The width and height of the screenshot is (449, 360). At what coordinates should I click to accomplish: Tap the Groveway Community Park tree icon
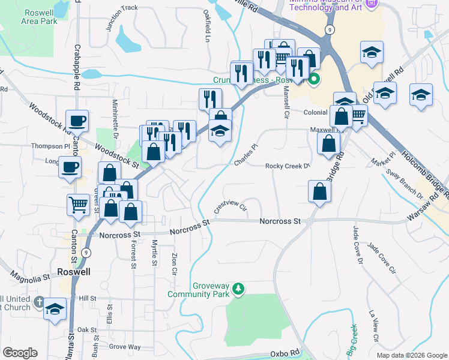point(239,290)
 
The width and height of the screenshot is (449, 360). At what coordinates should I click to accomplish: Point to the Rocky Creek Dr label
point(288,166)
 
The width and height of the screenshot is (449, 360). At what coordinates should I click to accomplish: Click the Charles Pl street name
point(246,155)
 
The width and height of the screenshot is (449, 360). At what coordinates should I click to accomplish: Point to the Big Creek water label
point(352,337)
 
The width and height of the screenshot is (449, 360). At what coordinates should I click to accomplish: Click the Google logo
point(20,352)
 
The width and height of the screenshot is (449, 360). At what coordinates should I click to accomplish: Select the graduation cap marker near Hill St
point(55,310)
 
